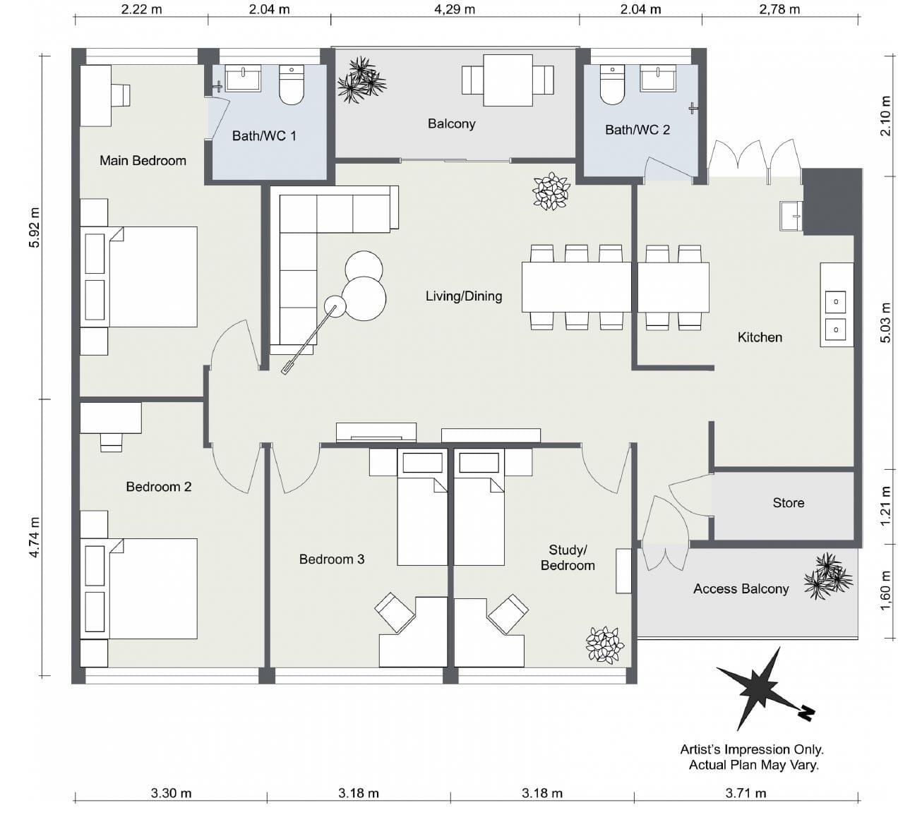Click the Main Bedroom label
pos(143,161)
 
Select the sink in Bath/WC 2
pos(657,78)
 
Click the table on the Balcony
pos(508,80)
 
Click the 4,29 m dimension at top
pos(455,9)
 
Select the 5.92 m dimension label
pos(35,227)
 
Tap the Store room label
pos(788,503)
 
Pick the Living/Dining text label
pos(464,296)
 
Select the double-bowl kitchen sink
pos(836,315)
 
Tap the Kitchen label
pos(760,337)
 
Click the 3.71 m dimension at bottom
pos(746,793)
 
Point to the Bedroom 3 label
pos(332,559)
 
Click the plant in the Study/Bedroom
pos(605,645)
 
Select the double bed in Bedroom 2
pos(140,589)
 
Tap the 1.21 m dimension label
pos(886,505)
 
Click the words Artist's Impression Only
pos(752,749)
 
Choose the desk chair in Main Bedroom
pos(121,95)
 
